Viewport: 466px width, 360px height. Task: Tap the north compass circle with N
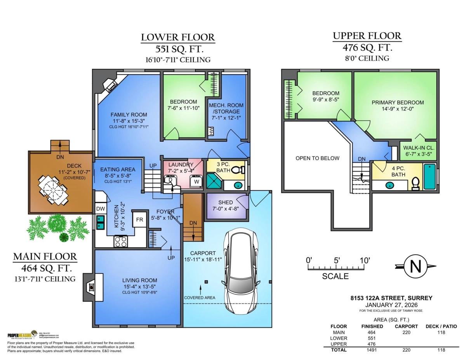(x=416, y=266)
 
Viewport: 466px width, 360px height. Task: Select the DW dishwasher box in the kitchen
(x=100, y=209)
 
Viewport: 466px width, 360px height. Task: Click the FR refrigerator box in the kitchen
(x=139, y=219)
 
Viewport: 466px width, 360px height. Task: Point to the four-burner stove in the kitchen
(x=120, y=242)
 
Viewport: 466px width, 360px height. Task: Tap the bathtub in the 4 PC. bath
(x=429, y=177)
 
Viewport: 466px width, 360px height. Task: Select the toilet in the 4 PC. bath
(x=415, y=183)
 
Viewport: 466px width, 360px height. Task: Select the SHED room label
(x=225, y=202)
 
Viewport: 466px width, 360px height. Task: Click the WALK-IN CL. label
(x=419, y=148)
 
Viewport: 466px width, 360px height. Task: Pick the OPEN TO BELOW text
(x=317, y=158)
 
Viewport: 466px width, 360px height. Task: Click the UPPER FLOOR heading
(x=367, y=36)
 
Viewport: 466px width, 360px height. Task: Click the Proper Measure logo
(x=22, y=335)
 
